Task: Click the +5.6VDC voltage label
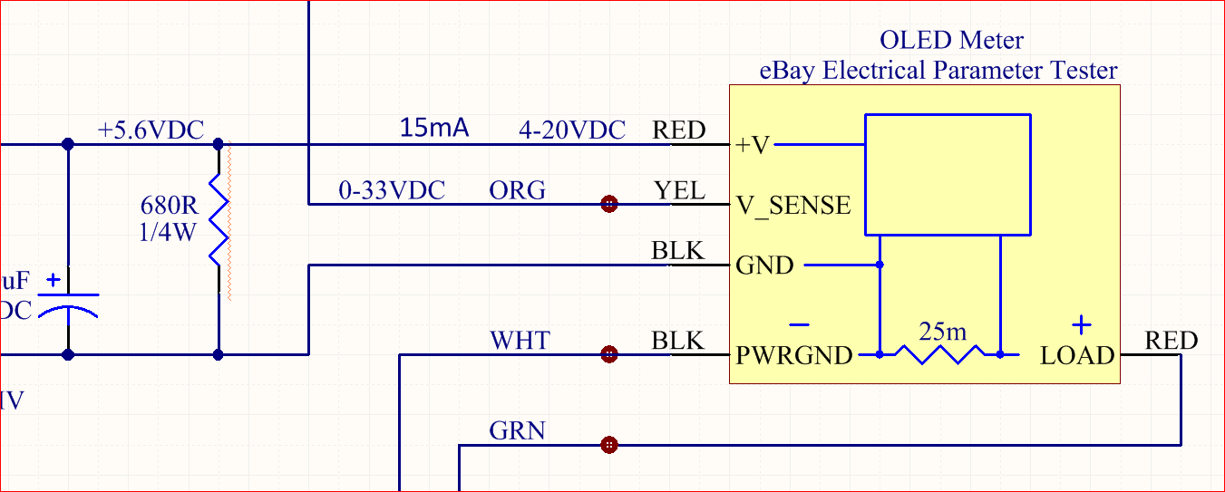tap(151, 130)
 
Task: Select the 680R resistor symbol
tap(219, 220)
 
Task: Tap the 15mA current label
tap(434, 129)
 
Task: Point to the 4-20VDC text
tap(571, 131)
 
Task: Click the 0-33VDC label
tap(392, 191)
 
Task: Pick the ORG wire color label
tap(518, 191)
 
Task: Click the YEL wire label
tap(679, 190)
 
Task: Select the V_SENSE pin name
tap(793, 206)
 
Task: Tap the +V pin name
tap(753, 145)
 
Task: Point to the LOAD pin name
tap(1077, 356)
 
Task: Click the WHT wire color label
tap(520, 342)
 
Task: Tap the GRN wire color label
tap(518, 431)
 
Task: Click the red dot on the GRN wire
tap(609, 445)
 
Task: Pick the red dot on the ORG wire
tap(609, 204)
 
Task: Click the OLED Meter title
tap(951, 41)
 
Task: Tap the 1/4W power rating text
tap(168, 233)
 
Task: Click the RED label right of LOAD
tap(1172, 342)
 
